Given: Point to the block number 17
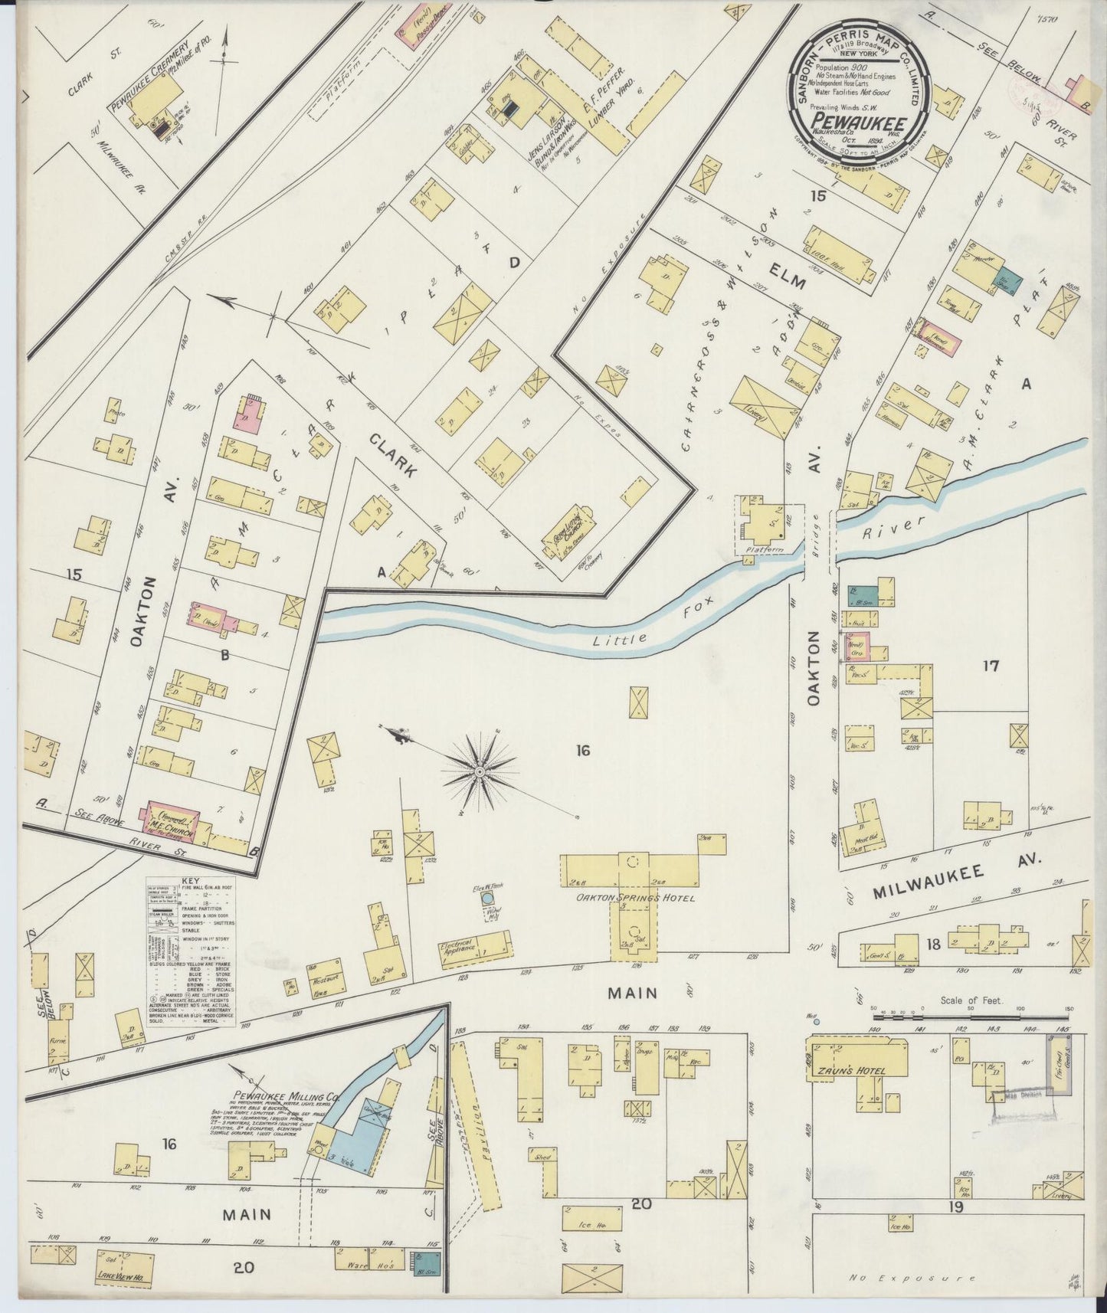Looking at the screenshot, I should (x=991, y=666).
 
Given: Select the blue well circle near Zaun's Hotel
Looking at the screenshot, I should (x=816, y=1021).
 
